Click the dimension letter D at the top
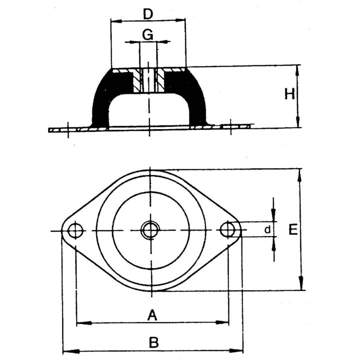(148, 14)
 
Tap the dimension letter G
(147, 35)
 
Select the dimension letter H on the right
(289, 94)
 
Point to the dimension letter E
(293, 229)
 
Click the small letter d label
(267, 229)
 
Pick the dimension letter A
(152, 315)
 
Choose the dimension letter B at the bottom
(153, 342)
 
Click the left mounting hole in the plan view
(75, 230)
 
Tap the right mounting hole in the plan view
(227, 229)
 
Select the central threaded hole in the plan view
(150, 230)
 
